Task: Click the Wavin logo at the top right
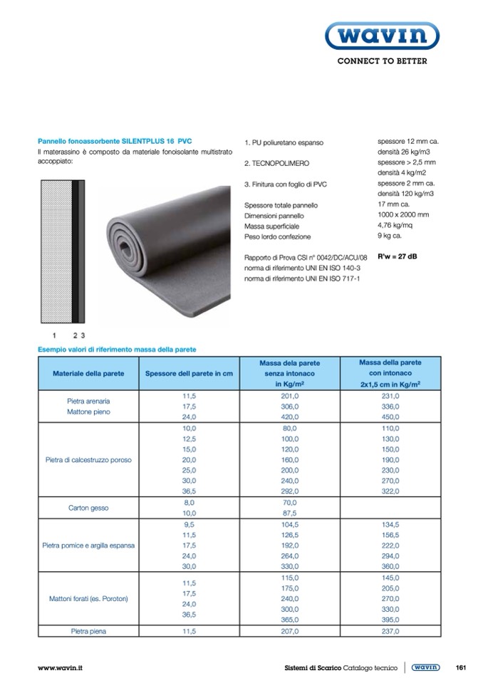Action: pos(382,34)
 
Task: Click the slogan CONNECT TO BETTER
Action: pos(382,61)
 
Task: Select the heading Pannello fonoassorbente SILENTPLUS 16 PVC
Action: pos(115,142)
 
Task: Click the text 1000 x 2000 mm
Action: pos(403,214)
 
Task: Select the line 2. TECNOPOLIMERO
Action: pos(276,163)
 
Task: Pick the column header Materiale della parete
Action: pos(88,373)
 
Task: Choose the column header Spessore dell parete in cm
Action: pos(189,373)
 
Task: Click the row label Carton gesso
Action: pos(88,508)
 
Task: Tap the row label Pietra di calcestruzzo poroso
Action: pos(88,459)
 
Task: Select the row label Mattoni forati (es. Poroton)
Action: pos(88,598)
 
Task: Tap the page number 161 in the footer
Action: pos(460,667)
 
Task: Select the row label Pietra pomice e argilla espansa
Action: pos(88,546)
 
